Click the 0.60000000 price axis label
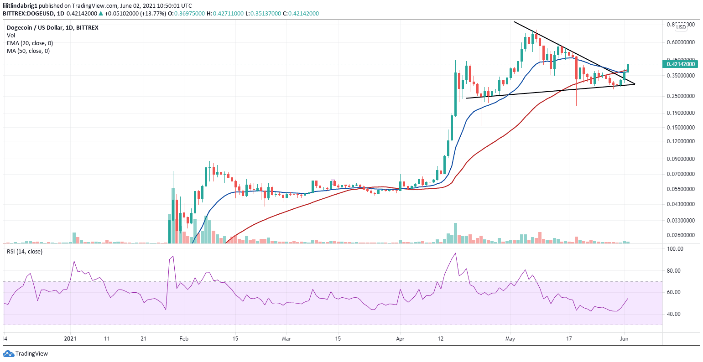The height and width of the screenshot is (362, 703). point(680,42)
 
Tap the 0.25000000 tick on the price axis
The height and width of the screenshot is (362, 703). point(680,96)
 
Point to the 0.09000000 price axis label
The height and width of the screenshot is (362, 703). point(680,160)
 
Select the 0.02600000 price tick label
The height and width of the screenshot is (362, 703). point(680,235)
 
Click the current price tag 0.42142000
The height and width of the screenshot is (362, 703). point(681,64)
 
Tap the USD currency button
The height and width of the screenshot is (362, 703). point(681,27)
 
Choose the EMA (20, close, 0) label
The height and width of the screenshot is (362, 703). point(30,43)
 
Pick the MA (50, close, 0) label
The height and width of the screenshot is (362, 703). point(28,51)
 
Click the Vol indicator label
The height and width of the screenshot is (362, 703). point(11,35)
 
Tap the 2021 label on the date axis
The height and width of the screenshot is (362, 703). point(70,339)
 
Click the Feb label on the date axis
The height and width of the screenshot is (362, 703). point(183,339)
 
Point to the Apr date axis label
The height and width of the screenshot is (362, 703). point(400,339)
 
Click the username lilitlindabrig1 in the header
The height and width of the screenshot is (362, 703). point(20,5)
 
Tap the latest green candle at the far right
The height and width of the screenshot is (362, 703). point(628,68)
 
